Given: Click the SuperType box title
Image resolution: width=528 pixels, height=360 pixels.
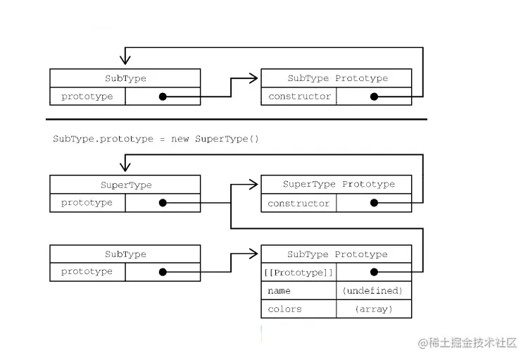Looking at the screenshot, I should point(125,185).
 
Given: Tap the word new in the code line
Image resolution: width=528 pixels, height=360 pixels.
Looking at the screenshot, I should point(180,139).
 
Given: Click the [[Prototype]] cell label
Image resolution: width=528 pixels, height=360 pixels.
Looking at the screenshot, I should point(299,272).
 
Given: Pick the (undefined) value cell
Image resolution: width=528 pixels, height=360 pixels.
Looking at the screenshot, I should point(372,290).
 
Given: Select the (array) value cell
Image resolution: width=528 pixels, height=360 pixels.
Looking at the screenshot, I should point(373,309).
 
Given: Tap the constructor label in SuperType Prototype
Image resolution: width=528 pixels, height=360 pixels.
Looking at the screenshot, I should point(298,203).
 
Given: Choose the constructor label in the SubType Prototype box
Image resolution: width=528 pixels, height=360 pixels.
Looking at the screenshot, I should point(298,97).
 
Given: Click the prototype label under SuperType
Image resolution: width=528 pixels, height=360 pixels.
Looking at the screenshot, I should point(87,203).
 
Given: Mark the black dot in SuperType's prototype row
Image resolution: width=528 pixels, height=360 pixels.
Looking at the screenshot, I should point(163,203).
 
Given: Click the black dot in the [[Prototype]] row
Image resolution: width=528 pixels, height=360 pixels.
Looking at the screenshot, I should point(374,272).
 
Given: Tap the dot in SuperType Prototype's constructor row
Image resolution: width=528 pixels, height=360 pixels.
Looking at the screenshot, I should point(374,203).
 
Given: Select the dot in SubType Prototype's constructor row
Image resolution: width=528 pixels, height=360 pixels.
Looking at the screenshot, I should point(374,97).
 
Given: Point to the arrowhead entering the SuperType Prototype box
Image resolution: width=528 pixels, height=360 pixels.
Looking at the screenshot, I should point(254,185).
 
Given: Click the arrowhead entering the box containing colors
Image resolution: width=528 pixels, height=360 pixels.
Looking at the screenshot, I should point(254,254).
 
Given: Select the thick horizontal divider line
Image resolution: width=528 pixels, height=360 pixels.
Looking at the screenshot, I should point(237,120).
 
